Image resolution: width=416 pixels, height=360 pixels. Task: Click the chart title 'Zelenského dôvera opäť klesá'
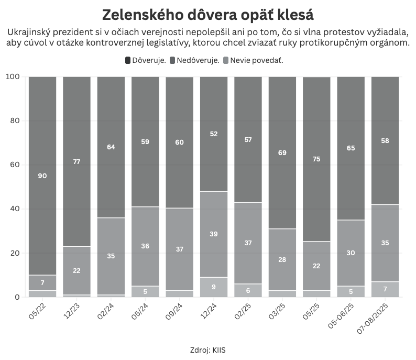[x=207, y=14]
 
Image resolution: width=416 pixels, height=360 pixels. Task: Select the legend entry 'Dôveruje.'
[x=146, y=60]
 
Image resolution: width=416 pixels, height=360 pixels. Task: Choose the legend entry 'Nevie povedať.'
[x=256, y=60]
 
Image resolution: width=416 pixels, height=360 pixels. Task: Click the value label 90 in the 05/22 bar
[x=42, y=176]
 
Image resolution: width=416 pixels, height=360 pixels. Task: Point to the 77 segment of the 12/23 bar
[x=76, y=161]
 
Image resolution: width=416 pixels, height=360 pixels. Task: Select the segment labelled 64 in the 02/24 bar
[x=111, y=147]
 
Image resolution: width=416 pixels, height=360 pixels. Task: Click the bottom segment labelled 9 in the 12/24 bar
[x=213, y=287]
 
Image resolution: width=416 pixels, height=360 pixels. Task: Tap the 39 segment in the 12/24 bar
[x=213, y=234]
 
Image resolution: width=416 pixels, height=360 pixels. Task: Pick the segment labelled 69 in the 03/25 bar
[x=282, y=152]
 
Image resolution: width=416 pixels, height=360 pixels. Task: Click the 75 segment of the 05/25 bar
[x=316, y=159]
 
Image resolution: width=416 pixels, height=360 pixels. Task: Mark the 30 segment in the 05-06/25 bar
[x=351, y=253]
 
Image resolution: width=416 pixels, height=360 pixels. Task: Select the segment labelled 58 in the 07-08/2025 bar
[x=385, y=140]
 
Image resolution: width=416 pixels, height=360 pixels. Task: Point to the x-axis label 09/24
[x=174, y=312]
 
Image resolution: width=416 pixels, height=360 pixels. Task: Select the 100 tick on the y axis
[x=13, y=77]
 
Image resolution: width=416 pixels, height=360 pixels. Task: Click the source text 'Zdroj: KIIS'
[x=207, y=350]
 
